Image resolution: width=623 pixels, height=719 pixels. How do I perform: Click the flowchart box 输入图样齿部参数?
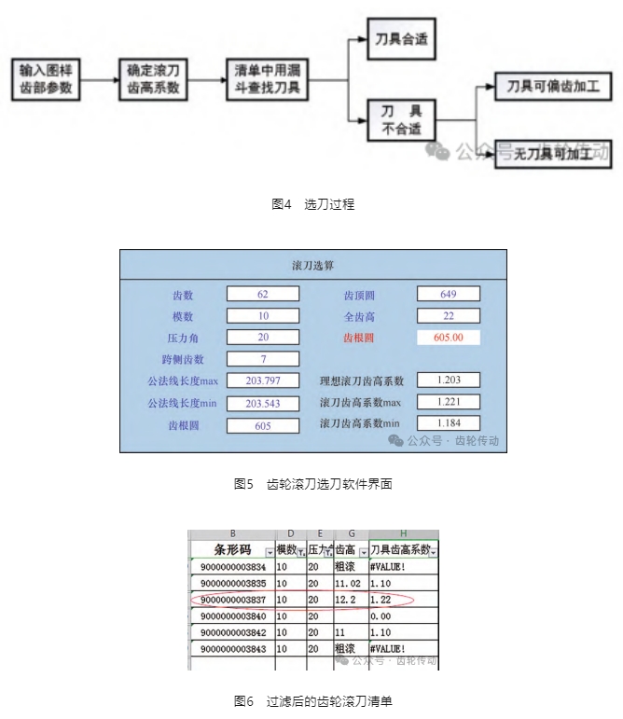pos(45,80)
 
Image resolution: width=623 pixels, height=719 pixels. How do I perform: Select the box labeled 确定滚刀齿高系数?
pos(154,80)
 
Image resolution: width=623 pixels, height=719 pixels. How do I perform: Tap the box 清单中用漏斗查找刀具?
pos(268,80)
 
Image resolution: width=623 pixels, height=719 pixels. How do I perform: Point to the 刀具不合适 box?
pos(401,119)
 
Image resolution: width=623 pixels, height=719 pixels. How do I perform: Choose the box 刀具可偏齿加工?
pos(552,88)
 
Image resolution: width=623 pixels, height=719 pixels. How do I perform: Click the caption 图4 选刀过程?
pos(312,204)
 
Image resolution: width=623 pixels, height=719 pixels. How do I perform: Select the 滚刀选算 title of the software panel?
pos(313,266)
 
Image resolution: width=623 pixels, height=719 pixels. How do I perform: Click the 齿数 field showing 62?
pos(263,294)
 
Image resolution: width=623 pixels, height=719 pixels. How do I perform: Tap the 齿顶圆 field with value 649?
pos(449,294)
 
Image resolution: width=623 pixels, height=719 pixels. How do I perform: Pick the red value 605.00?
pos(449,337)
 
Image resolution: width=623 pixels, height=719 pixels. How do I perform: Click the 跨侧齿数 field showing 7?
pos(263,359)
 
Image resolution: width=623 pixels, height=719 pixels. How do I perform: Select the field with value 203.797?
pos(263,380)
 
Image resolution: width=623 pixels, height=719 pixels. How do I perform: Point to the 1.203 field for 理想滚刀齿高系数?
pos(449,380)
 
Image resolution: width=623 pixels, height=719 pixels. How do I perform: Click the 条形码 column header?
pos(232,550)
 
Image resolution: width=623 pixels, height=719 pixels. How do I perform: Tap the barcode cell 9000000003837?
pos(233,600)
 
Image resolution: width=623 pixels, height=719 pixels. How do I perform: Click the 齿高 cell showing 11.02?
pos(349,583)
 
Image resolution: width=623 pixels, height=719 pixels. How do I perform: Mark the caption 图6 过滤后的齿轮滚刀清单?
pos(312,700)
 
